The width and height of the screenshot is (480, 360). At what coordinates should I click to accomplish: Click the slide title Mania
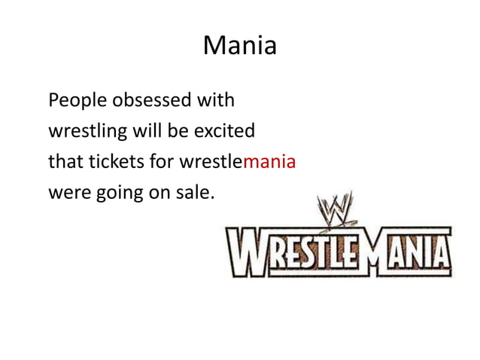point(239,47)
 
